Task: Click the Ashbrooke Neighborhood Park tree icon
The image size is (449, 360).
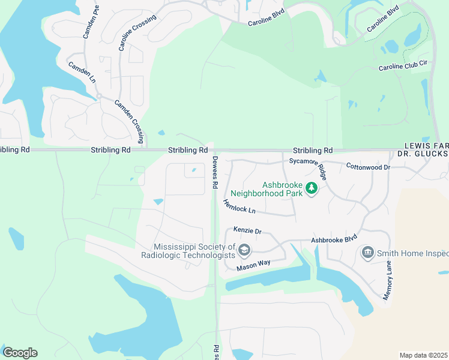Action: (312, 188)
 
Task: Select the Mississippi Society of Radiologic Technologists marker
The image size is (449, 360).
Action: (244, 250)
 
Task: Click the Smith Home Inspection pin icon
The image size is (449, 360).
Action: (367, 253)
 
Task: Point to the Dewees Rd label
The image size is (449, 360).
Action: (215, 173)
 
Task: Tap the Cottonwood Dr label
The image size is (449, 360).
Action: (369, 166)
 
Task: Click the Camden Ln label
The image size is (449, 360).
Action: (82, 72)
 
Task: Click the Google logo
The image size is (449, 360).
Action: (20, 353)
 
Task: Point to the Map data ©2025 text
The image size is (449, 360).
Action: (423, 355)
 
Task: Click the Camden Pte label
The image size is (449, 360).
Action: (89, 23)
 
